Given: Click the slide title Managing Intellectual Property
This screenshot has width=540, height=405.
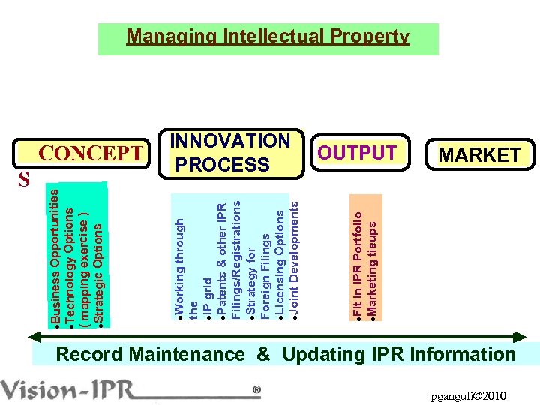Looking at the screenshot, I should click(268, 37).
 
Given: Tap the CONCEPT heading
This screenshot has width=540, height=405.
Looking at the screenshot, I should click(91, 154).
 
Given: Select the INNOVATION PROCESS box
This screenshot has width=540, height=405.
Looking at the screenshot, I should click(230, 153).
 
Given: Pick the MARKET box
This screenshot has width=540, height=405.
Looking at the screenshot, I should click(479, 155).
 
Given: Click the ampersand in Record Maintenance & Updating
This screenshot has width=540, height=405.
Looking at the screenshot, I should click(263, 355).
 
